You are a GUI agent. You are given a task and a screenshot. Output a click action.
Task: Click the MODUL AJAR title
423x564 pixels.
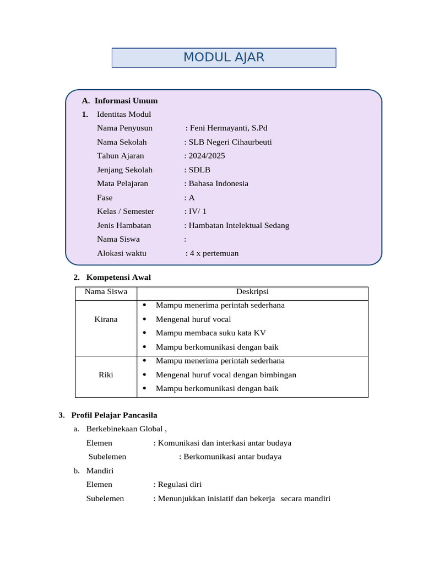(224, 57)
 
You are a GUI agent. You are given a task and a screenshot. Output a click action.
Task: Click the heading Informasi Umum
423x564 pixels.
(126, 100)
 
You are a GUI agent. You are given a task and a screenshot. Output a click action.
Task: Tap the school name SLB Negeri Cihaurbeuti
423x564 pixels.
(230, 142)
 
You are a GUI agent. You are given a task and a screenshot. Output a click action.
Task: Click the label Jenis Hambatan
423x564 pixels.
(124, 225)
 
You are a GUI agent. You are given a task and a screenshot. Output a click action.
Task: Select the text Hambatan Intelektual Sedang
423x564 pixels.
(238, 225)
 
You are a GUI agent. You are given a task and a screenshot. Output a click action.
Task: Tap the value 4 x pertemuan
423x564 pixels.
(214, 253)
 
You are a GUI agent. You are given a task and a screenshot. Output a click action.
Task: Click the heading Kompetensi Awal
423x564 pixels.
(118, 277)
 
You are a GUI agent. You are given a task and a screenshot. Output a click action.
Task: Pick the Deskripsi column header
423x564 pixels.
(252, 292)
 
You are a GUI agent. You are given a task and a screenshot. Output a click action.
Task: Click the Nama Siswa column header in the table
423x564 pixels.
(106, 292)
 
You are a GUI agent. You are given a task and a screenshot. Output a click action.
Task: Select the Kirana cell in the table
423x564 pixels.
(106, 319)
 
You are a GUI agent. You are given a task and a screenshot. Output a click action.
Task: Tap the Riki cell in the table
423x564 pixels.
(106, 375)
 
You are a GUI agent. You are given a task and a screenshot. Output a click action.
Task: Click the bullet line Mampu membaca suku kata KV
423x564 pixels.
(211, 333)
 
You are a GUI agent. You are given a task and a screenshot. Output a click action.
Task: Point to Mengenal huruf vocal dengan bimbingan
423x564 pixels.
(226, 375)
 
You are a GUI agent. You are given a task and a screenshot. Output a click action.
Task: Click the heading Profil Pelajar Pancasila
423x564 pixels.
(114, 415)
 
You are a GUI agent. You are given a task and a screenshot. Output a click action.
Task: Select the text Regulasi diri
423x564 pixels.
(180, 484)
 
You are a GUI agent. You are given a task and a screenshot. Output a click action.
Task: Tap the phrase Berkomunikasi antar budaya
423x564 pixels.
(232, 457)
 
